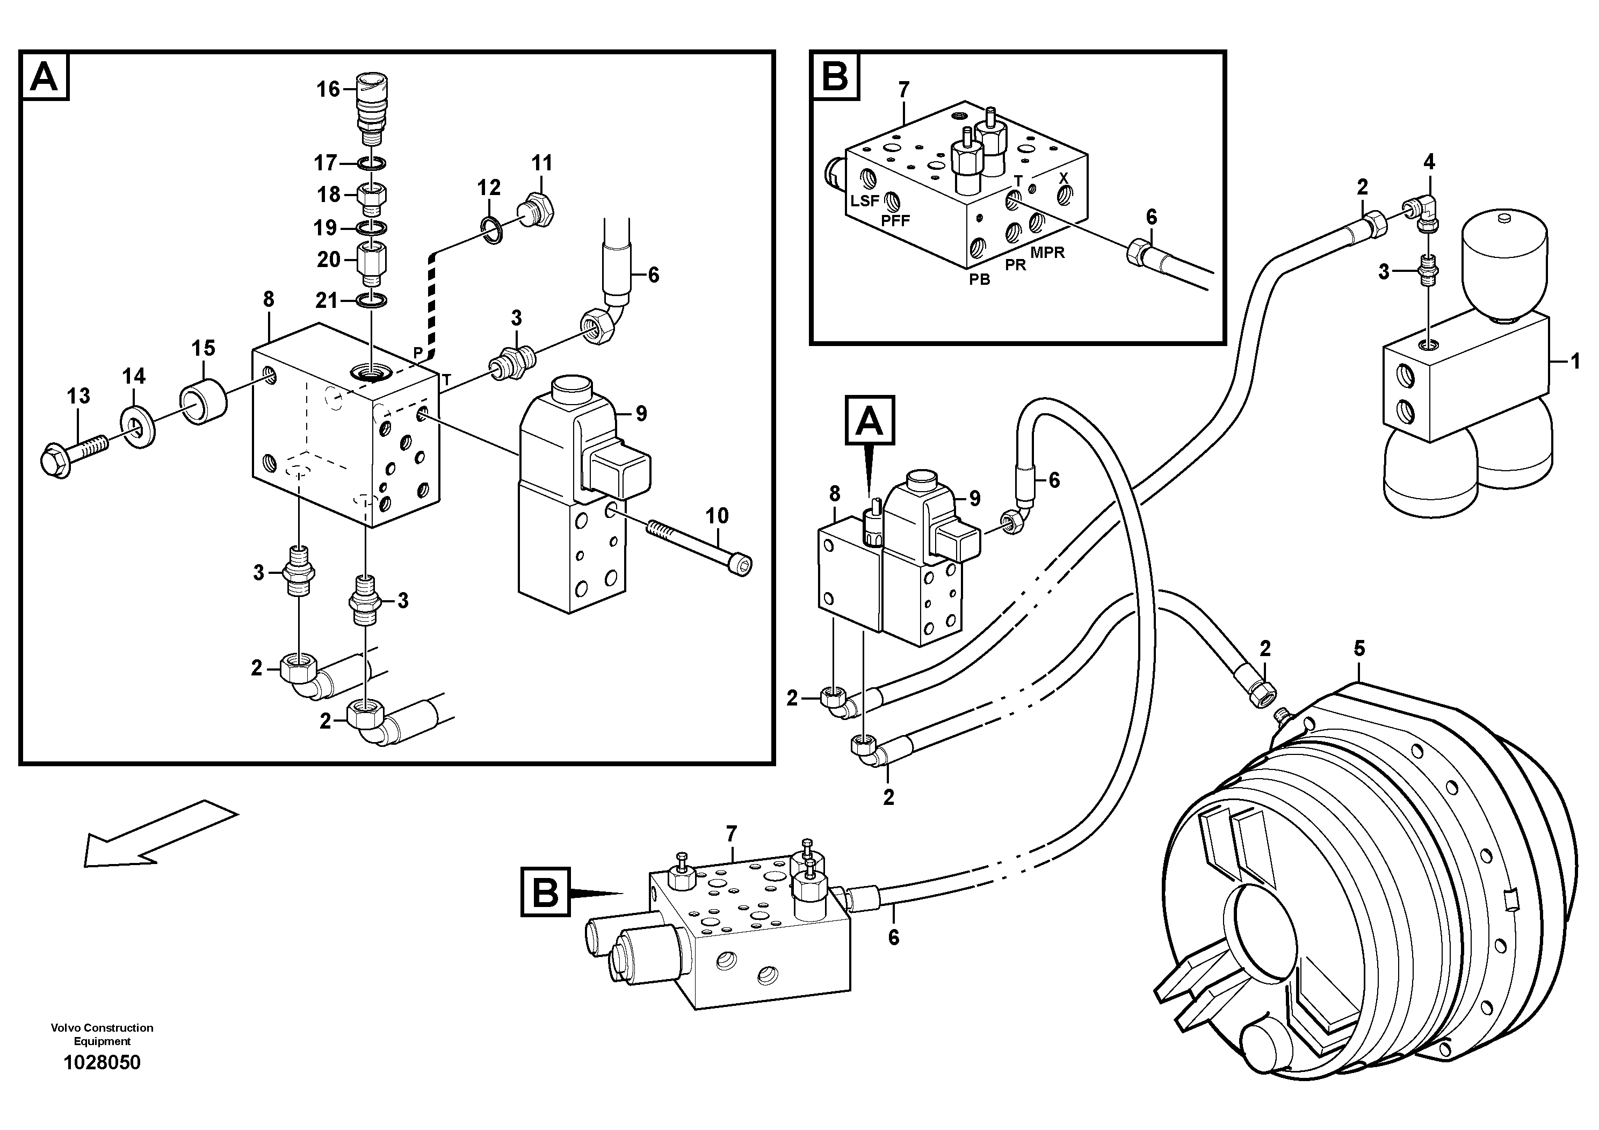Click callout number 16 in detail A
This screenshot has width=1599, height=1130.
point(328,89)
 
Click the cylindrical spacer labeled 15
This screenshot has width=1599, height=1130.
point(204,404)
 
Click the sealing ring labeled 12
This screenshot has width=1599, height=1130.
point(493,231)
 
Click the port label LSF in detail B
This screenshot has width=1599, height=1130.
point(864,200)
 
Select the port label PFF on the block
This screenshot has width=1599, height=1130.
point(895,221)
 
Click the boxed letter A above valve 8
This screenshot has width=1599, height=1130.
point(869,420)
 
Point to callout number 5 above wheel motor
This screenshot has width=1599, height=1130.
point(1359,649)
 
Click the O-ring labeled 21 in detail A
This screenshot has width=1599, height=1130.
point(373,300)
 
